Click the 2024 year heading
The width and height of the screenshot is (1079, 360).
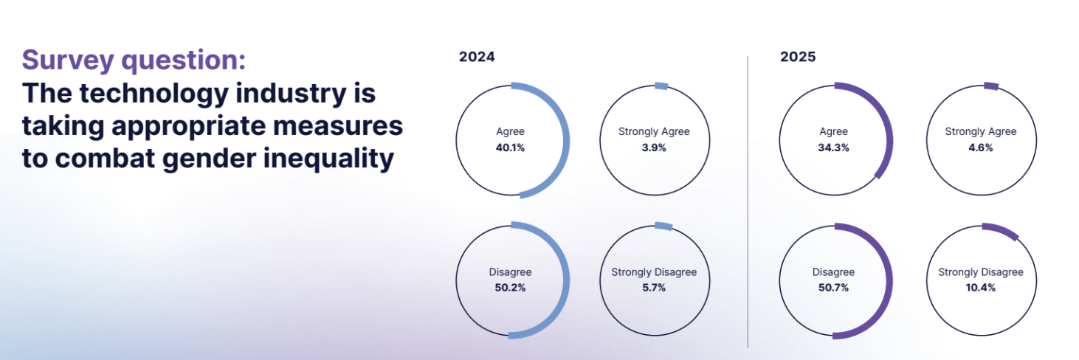pos(476,57)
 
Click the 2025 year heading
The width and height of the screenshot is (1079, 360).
pos(798,57)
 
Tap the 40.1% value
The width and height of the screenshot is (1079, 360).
pos(510,148)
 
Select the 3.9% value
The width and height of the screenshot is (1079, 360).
pos(654,148)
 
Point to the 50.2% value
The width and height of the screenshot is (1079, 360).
pos(510,288)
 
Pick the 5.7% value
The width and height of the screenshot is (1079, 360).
pos(654,288)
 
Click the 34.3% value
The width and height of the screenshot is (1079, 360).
pos(833,148)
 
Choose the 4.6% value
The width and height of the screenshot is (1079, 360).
pos(981,148)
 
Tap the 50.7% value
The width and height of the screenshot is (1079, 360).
pos(833,288)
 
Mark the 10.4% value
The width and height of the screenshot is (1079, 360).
pos(980,288)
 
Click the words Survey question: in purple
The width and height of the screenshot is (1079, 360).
pos(134,60)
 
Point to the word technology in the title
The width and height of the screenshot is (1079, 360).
pos(154,94)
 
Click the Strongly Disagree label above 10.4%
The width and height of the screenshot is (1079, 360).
pos(981,272)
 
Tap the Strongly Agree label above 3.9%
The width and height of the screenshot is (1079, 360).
pos(654,131)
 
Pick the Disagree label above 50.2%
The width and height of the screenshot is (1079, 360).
pos(510,272)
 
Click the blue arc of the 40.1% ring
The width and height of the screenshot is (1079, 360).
pos(567,141)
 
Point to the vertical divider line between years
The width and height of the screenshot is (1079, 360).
pos(748,202)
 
